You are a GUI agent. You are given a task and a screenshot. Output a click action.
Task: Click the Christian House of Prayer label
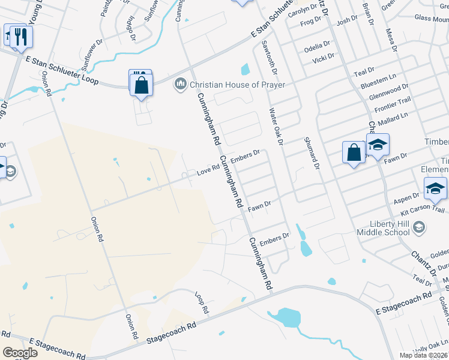click(238, 84)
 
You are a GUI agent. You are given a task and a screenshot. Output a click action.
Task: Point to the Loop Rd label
click(202, 304)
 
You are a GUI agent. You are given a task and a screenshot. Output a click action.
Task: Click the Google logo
click(20, 353)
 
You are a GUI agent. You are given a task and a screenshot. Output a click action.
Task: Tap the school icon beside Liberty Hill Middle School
click(420, 227)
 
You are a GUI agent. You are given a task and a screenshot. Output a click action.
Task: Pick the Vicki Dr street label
click(323, 61)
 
